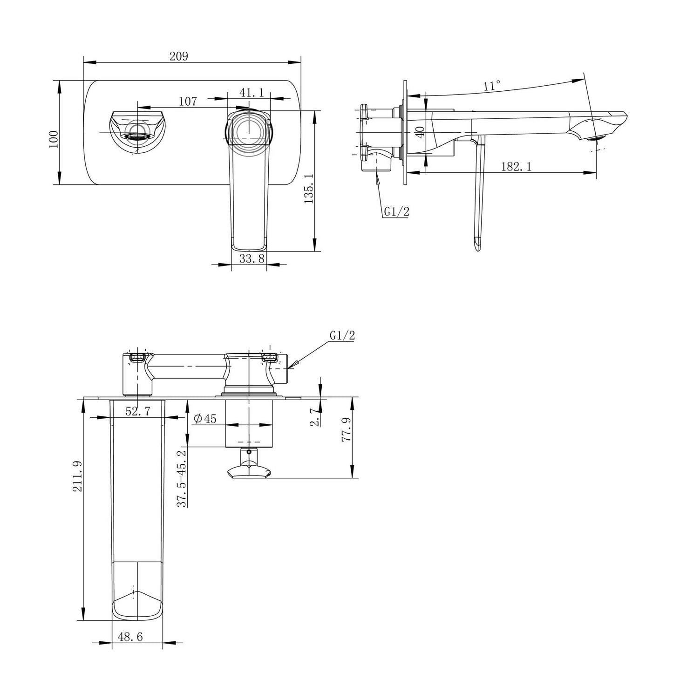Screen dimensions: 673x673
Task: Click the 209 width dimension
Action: coord(178,56)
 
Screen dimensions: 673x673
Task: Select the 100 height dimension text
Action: coord(54,139)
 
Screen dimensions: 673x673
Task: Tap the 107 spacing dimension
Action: coord(188,101)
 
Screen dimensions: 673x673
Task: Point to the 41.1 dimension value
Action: coord(252,92)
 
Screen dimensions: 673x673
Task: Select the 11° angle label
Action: coord(491,86)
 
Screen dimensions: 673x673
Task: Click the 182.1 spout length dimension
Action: coord(516,166)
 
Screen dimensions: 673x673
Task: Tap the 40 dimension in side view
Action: coord(420,132)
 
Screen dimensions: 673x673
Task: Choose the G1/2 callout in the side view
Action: coord(396,212)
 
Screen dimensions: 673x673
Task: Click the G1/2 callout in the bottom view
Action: coord(342,335)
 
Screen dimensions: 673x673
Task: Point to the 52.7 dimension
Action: coord(137,411)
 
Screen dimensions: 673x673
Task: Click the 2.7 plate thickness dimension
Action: coord(315,416)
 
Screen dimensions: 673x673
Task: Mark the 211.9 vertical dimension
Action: coord(78,476)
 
